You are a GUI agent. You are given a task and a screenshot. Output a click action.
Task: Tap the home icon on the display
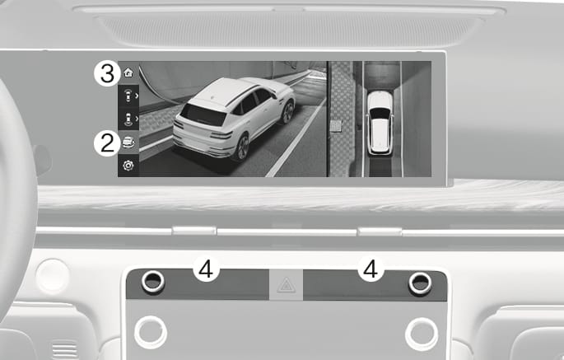(x=128, y=72)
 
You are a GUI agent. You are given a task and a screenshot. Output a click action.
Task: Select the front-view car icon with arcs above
(x=128, y=96)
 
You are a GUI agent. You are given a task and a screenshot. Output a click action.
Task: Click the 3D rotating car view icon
(x=128, y=143)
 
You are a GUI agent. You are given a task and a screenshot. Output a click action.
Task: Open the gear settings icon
(x=128, y=166)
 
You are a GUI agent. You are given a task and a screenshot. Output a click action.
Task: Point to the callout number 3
(x=107, y=74)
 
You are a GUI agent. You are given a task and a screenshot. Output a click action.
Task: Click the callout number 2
(x=107, y=143)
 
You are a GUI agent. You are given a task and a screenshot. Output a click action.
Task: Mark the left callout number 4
(x=206, y=269)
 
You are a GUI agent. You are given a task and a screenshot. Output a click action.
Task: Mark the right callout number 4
(x=371, y=269)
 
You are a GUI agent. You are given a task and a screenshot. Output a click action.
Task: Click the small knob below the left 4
(x=153, y=282)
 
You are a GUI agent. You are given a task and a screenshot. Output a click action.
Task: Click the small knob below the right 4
(x=420, y=283)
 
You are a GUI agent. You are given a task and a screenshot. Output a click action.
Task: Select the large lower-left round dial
(x=151, y=332)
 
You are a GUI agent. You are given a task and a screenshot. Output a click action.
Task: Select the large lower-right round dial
(x=422, y=334)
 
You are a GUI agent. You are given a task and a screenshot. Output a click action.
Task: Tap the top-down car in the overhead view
(x=380, y=123)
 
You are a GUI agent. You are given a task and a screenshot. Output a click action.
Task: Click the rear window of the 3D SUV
(x=203, y=115)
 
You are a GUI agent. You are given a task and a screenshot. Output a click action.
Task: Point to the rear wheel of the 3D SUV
(x=241, y=147)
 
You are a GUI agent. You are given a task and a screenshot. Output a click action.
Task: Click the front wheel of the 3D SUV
(x=287, y=112)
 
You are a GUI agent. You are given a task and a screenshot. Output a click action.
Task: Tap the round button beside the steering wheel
(x=53, y=276)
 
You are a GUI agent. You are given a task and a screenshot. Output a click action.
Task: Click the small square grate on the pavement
(x=336, y=126)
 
